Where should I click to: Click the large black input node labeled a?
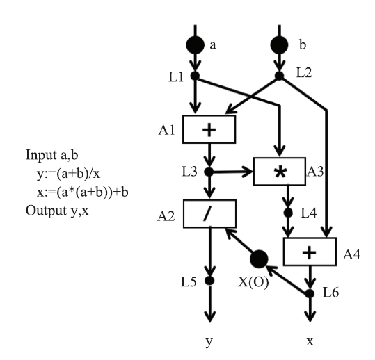[195, 45]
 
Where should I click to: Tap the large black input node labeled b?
[279, 45]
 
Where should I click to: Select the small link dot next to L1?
[195, 76]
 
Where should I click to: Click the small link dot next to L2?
[279, 76]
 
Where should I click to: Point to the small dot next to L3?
[209, 172]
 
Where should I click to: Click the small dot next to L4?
[288, 213]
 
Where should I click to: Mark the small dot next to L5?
[209, 281]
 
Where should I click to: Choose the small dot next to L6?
[310, 293]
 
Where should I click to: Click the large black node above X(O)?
[259, 259]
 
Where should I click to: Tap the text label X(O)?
[253, 282]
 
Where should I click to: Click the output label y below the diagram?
[209, 342]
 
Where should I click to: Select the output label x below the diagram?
[310, 342]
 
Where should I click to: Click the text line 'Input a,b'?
[52, 155]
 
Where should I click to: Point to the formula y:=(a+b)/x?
[68, 174]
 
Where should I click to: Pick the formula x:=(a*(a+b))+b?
[83, 193]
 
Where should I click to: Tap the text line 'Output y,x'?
[57, 211]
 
